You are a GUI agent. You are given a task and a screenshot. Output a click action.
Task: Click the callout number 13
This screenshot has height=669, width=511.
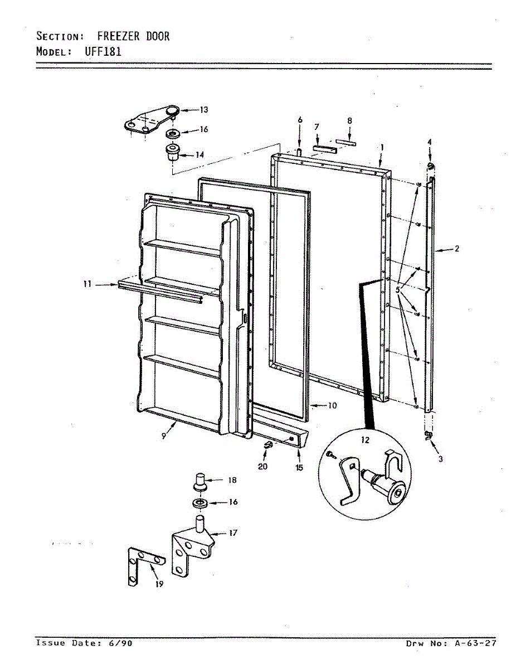188,109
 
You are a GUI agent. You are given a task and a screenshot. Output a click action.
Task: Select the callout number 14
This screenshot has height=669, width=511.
199,154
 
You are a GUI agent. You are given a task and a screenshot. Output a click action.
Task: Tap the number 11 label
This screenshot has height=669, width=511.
86,284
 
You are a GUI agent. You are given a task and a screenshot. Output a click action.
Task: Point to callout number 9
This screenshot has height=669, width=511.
164,437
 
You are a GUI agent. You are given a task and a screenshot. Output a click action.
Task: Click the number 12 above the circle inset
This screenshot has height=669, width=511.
365,440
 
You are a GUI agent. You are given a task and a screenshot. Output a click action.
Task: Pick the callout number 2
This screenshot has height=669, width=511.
456,249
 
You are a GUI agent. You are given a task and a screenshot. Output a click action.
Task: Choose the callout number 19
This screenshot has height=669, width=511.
159,584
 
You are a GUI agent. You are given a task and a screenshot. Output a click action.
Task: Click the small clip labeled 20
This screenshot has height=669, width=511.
267,444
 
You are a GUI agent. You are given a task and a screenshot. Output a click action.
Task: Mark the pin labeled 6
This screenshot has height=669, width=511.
299,151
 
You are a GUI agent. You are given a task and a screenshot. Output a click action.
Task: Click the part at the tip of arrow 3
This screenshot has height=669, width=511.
429,435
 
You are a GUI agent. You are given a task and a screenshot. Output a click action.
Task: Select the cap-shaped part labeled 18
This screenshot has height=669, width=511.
201,480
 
